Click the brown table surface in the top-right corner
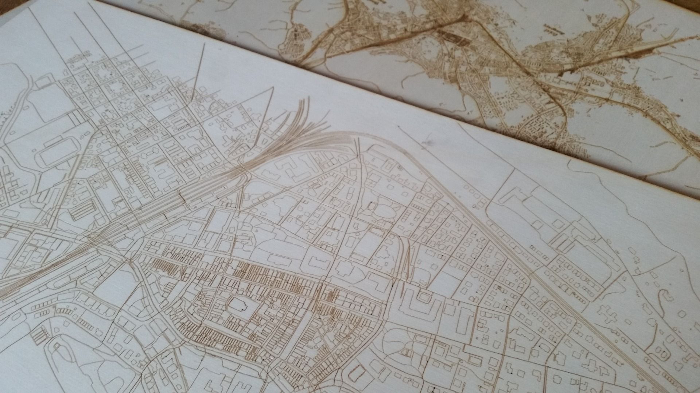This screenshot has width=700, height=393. (685, 15)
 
